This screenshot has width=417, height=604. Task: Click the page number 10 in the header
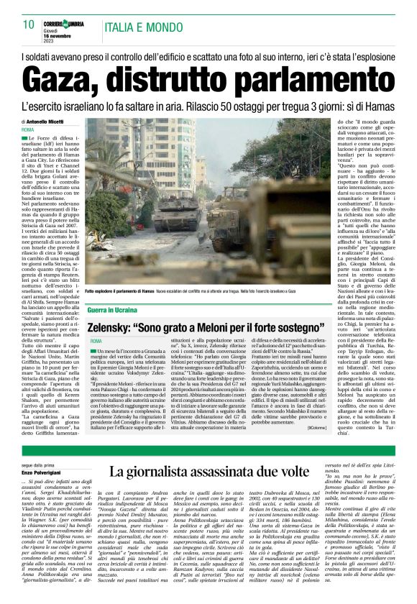tap(29, 24)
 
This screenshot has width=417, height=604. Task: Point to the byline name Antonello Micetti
tap(47, 122)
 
